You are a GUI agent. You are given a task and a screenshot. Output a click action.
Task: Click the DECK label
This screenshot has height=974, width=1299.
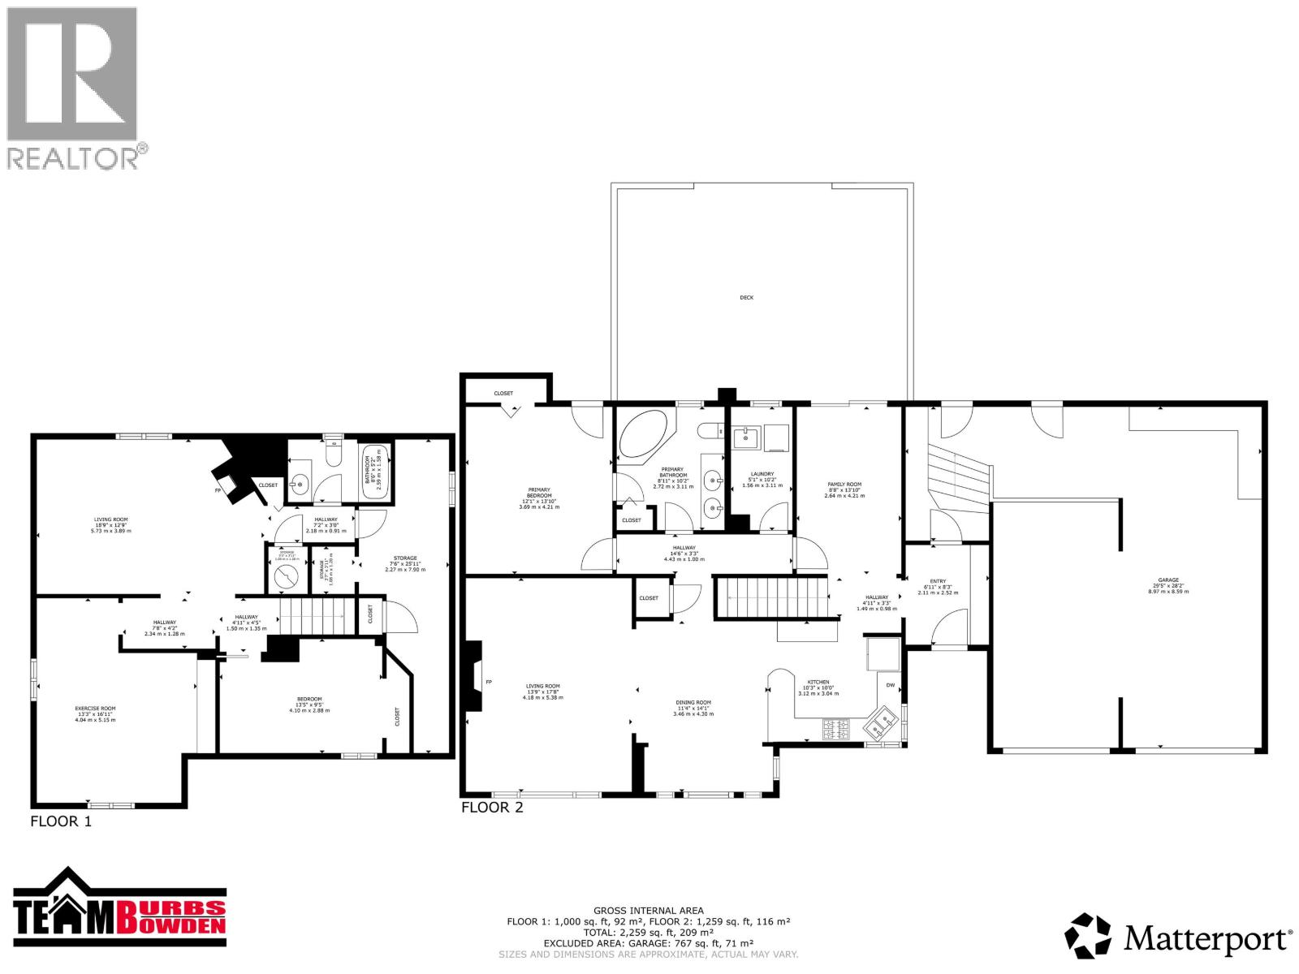(746, 297)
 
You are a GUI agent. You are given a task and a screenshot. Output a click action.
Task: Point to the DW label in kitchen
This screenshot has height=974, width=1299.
(890, 685)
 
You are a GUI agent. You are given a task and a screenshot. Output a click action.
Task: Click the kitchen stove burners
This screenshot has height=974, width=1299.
(836, 730)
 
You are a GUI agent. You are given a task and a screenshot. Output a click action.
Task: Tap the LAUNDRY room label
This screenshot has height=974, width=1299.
(762, 474)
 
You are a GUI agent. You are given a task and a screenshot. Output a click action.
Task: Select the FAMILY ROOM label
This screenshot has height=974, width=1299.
(844, 485)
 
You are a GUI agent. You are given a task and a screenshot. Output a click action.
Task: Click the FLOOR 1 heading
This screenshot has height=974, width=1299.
(61, 821)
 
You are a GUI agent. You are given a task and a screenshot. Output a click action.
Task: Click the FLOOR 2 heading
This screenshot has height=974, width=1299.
(492, 808)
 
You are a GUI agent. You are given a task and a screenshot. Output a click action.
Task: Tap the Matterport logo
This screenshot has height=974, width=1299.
(1178, 940)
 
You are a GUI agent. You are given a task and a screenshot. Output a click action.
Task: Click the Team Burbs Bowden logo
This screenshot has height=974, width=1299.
(119, 912)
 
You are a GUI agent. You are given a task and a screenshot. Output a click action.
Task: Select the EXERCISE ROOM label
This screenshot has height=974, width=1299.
(95, 709)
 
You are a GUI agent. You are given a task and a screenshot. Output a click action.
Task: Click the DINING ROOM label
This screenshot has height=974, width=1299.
(693, 702)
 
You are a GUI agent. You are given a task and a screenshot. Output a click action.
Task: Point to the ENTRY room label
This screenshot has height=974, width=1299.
(938, 581)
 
